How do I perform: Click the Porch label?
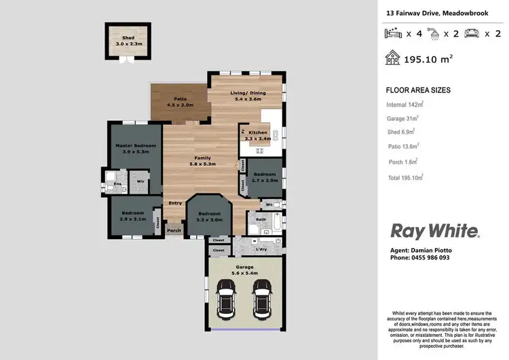tap(174, 230)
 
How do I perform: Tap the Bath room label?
tap(261, 219)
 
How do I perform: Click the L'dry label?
tap(261, 249)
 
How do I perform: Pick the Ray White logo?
tap(434, 231)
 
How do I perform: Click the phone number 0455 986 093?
tap(421, 258)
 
